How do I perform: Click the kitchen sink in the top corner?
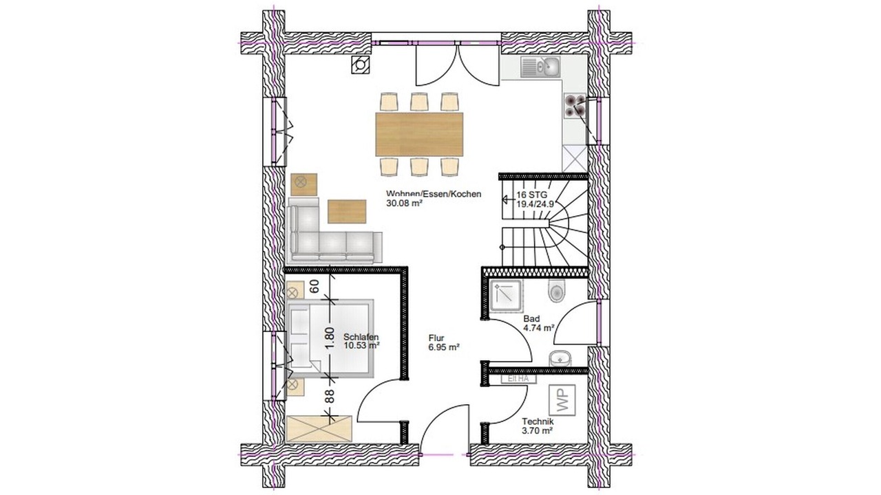point(540,67)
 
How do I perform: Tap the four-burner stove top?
point(575,106)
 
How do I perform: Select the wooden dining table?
point(419,134)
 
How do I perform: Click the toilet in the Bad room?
point(556,290)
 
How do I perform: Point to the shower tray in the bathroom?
point(507,296)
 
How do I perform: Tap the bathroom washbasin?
point(560,358)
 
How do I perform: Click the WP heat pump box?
point(562,399)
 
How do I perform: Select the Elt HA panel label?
point(518,379)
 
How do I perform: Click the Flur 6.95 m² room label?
point(444,342)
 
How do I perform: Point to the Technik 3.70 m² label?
point(538,426)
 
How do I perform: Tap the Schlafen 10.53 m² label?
point(361,341)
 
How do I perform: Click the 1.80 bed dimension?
point(330,338)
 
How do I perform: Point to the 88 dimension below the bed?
point(330,395)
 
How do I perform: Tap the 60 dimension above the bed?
point(315,287)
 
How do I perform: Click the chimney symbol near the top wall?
point(360,65)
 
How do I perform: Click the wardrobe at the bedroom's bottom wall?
point(319,428)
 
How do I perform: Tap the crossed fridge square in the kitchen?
point(575,158)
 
